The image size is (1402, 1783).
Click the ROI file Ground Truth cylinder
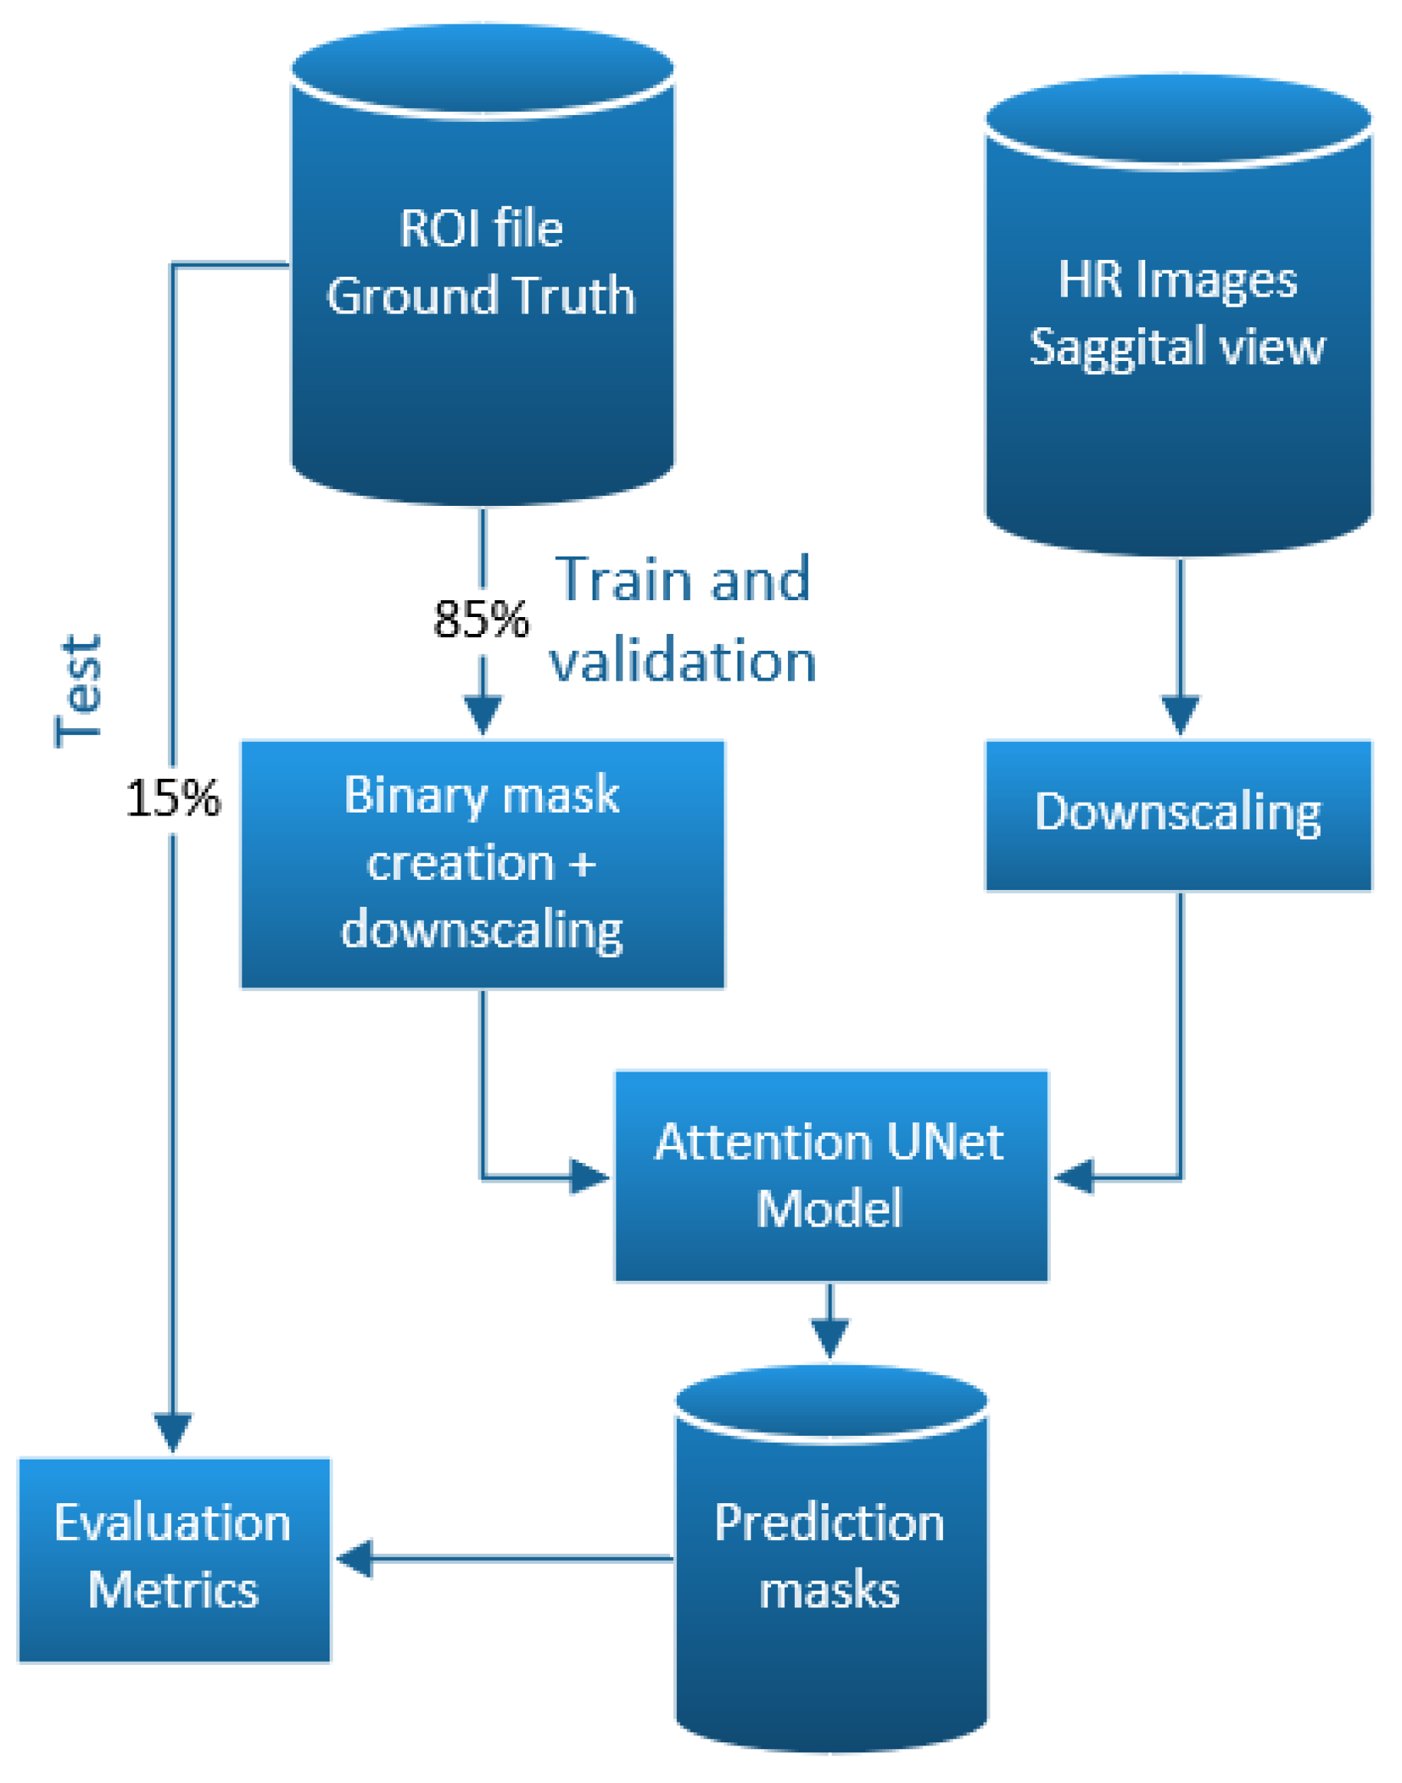click(483, 271)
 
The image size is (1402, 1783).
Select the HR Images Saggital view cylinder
click(1178, 320)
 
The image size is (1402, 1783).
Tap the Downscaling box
click(1178, 814)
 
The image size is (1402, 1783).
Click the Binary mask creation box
click(483, 864)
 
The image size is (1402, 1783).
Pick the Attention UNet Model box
click(831, 1176)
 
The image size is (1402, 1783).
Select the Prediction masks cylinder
click(831, 1560)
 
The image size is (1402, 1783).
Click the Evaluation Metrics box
click(174, 1558)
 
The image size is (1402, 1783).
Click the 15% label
click(173, 798)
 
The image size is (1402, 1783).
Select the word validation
click(683, 662)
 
